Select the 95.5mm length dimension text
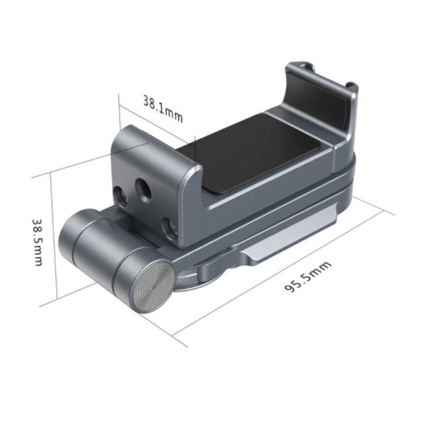tap(308, 277)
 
